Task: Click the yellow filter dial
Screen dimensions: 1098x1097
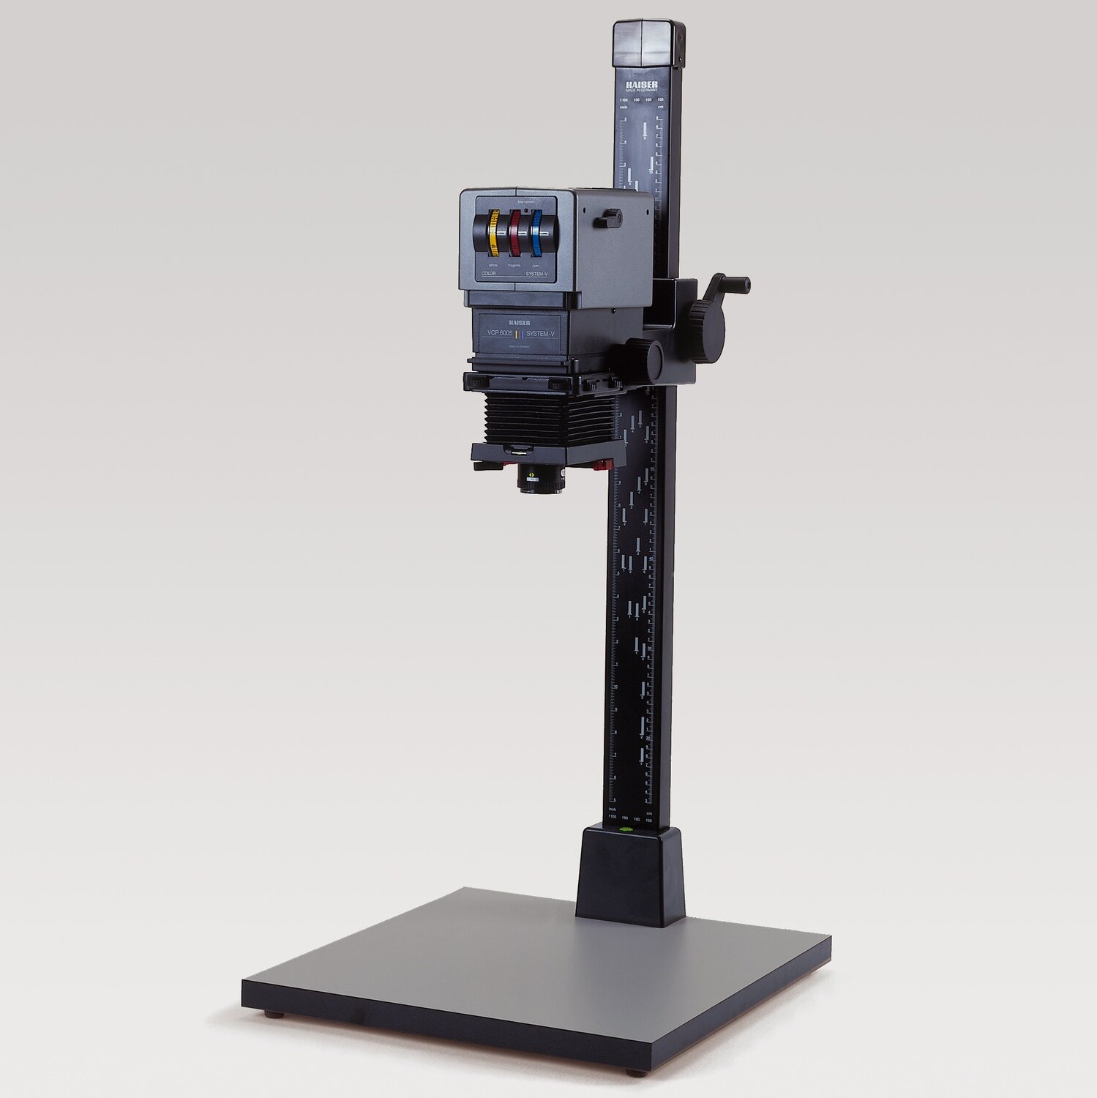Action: (494, 233)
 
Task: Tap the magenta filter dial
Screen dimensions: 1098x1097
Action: (516, 233)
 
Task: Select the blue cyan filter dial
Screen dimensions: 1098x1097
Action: (538, 233)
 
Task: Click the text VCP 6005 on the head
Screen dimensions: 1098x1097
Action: (495, 333)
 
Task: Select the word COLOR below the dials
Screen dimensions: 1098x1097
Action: (488, 272)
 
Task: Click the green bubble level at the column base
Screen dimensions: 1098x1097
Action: (626, 830)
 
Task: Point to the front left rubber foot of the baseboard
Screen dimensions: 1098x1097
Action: (274, 1015)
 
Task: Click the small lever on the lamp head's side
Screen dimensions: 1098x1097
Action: (608, 217)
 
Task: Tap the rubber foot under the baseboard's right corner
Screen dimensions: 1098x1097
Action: (637, 1072)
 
